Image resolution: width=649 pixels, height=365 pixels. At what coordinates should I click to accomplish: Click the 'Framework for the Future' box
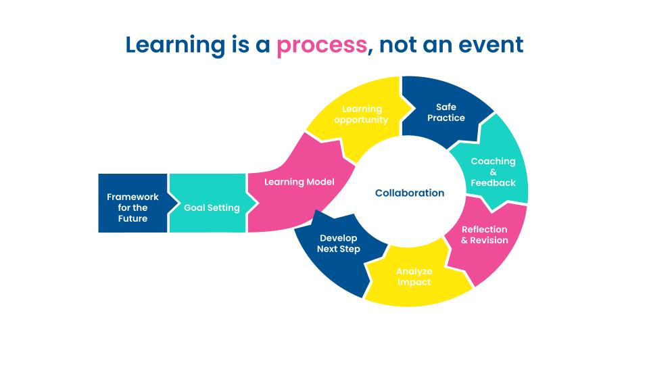(133, 208)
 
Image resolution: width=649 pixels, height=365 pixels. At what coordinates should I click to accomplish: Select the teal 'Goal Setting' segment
(212, 208)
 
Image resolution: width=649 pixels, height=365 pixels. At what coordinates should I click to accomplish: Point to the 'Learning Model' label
(299, 182)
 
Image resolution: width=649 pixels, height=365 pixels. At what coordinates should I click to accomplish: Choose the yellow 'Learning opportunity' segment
(361, 114)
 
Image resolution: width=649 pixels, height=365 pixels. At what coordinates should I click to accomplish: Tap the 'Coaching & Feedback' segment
(493, 172)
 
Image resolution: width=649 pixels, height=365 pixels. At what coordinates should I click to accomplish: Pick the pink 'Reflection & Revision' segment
(485, 235)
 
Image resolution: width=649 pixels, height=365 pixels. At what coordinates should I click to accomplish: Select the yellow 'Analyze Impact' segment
(414, 276)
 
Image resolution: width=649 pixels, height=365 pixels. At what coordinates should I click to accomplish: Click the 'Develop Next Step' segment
(339, 244)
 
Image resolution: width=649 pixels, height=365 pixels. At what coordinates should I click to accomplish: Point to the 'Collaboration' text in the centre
(410, 193)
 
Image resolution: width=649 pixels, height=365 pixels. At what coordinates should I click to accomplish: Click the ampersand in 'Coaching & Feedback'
(493, 172)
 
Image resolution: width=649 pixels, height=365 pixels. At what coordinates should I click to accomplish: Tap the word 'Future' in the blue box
(133, 218)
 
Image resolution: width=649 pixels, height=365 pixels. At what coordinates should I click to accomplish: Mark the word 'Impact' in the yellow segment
(414, 282)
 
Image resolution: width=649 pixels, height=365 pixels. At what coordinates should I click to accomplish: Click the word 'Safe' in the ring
(446, 107)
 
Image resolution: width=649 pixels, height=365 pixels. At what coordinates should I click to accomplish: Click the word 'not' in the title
(401, 45)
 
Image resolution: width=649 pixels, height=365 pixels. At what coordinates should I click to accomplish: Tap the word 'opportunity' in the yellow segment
(361, 120)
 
